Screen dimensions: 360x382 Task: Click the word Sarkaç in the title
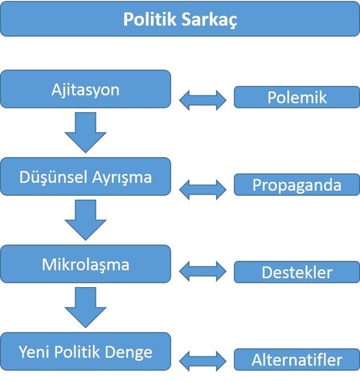tap(209, 19)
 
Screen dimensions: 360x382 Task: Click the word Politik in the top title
tap(149, 19)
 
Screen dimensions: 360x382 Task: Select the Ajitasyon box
tap(86, 89)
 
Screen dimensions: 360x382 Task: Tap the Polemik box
tap(297, 97)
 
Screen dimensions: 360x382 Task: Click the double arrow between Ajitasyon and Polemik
tap(203, 100)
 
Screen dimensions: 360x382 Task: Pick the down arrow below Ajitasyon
tap(86, 132)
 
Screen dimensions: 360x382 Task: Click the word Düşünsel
tap(53, 177)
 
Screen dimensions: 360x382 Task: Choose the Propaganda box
tap(297, 185)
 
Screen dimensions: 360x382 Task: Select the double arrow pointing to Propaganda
tap(203, 190)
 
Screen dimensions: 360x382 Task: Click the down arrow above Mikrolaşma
tap(86, 220)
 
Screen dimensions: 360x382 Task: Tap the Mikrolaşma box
tap(86, 264)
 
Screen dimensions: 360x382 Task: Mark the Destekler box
tap(297, 272)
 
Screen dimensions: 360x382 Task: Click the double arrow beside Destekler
tap(203, 272)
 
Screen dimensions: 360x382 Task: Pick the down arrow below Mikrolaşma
tap(86, 307)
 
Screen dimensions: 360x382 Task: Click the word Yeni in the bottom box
tap(34, 352)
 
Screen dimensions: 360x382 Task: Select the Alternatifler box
tap(297, 360)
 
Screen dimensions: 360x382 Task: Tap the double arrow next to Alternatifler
tap(203, 361)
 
